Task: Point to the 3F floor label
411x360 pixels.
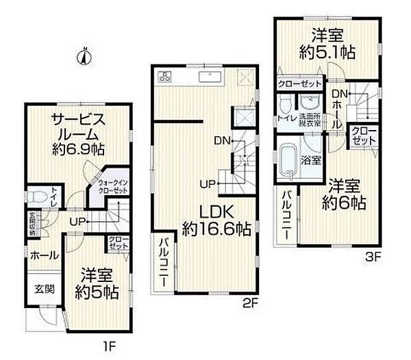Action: (372, 259)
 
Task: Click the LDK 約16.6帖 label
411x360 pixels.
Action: (215, 218)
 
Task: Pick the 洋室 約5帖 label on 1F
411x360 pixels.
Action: (97, 282)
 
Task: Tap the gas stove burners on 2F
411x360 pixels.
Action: (165, 75)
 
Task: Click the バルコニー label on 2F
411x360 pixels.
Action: (166, 261)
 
